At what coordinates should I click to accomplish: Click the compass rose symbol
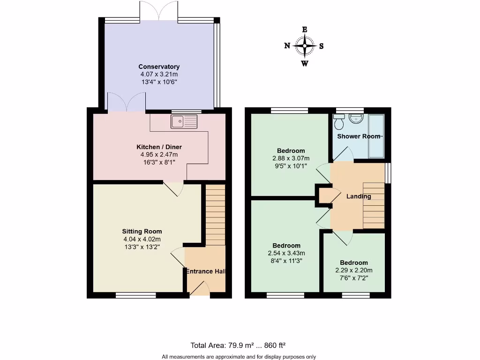(x=305, y=46)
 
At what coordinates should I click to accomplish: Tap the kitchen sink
(x=185, y=122)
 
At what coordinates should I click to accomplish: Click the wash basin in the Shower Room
(x=357, y=119)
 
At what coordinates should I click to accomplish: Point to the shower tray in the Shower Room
(x=376, y=136)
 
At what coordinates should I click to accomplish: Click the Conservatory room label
(x=159, y=67)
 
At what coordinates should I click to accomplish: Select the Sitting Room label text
(x=142, y=231)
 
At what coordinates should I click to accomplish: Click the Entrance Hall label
(x=206, y=271)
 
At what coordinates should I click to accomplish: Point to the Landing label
(x=359, y=196)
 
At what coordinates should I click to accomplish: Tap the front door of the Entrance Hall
(x=199, y=290)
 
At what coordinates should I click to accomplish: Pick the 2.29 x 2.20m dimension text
(x=354, y=270)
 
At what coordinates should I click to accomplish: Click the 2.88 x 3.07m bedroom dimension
(x=291, y=158)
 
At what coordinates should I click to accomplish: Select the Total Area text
(x=238, y=345)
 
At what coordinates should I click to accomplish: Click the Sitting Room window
(x=136, y=295)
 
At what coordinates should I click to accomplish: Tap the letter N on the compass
(x=287, y=46)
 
